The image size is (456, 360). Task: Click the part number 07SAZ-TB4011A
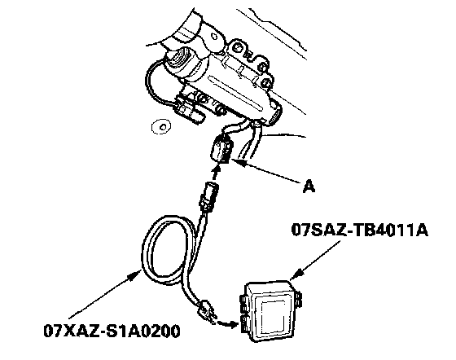[x=359, y=230]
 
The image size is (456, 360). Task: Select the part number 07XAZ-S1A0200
[x=112, y=331]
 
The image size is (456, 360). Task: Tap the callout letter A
[x=309, y=186]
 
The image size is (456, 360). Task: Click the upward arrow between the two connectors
[x=215, y=172]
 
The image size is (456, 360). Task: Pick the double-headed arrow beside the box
[x=227, y=323]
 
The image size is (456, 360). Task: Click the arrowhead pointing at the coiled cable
[x=137, y=274]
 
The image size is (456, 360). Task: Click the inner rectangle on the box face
[x=273, y=314]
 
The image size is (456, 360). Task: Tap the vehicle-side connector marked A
[x=221, y=150]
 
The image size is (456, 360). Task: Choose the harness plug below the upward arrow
[x=208, y=195]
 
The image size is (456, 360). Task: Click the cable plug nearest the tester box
[x=207, y=312]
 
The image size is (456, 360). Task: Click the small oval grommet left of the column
[x=161, y=127]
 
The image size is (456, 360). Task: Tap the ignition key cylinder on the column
[x=181, y=62]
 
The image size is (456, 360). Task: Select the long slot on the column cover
[x=236, y=93]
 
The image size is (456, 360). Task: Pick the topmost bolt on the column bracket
[x=238, y=47]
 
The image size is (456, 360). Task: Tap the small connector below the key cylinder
[x=189, y=110]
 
